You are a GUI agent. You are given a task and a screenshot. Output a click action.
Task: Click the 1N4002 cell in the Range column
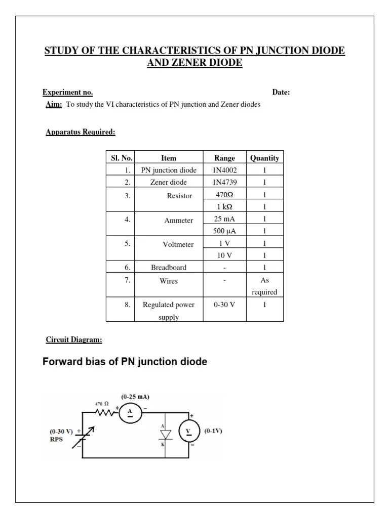224,170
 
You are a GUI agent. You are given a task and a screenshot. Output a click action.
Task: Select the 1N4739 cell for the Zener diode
224,182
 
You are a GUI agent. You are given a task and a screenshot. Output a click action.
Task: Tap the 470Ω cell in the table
224,195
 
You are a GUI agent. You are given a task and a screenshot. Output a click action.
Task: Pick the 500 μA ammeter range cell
224,231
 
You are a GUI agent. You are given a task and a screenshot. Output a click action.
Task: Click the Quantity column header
264,158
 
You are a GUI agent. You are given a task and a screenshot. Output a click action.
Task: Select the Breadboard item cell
168,268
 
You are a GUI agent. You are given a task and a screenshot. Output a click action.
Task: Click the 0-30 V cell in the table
224,305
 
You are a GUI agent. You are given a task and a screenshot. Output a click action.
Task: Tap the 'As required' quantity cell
264,286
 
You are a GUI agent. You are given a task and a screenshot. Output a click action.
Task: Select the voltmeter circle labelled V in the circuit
189,431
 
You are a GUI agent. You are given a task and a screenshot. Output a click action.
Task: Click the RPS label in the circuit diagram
57,439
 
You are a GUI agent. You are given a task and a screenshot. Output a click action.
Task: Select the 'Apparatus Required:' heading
81,133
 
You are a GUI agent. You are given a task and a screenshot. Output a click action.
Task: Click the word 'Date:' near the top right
281,93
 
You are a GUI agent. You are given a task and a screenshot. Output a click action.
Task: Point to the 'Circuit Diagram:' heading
74,340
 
